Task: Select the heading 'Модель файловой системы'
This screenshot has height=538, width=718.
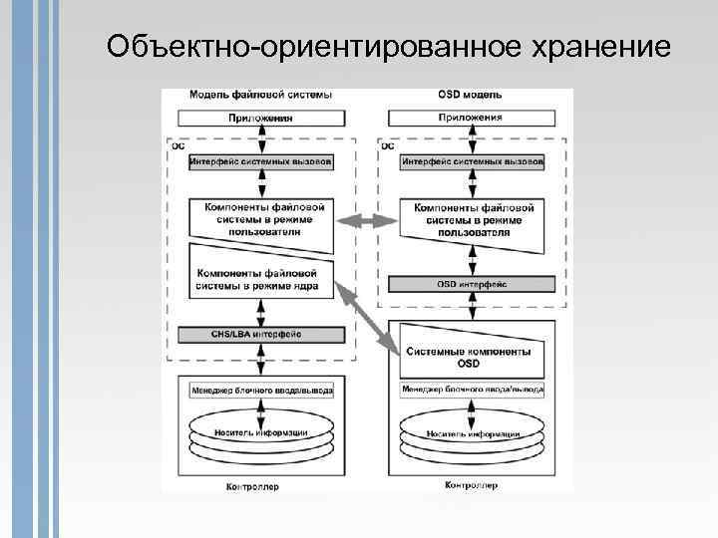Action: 261,96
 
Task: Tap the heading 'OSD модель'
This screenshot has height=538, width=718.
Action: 470,96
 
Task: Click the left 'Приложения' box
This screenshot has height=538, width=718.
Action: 261,118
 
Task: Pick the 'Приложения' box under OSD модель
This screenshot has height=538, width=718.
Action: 470,118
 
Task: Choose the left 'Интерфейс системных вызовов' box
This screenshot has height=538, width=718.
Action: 261,160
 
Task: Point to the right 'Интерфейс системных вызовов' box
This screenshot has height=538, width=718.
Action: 472,160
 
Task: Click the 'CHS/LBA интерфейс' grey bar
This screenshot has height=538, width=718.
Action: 261,335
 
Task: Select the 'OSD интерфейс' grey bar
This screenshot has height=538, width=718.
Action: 472,284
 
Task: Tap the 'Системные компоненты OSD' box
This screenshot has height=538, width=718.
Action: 470,357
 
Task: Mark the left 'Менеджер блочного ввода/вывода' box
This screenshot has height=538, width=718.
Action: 261,390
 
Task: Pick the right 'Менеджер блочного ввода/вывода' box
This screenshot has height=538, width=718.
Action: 472,390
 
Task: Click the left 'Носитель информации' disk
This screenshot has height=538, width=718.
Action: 261,434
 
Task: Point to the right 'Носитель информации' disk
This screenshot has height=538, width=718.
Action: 472,434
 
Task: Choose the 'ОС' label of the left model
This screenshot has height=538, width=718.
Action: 179,145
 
